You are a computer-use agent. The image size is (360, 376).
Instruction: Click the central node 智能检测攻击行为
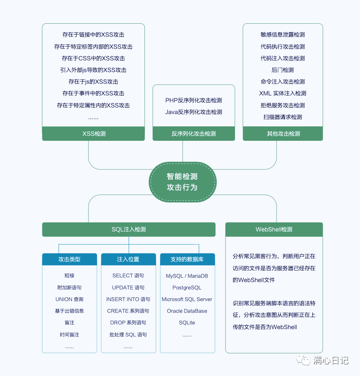point(183,182)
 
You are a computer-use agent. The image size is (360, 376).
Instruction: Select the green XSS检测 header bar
point(93,133)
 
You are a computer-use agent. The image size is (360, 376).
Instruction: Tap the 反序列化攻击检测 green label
point(193,133)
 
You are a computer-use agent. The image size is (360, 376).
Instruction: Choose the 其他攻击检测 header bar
point(283,133)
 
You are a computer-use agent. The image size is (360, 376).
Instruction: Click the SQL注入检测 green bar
point(129,229)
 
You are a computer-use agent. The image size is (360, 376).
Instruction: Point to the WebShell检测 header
point(274,229)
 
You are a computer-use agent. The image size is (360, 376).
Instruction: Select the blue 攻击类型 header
point(70,259)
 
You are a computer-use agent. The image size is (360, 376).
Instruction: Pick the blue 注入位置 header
point(128,259)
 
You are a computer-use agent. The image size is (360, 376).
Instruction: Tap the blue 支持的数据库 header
point(187,259)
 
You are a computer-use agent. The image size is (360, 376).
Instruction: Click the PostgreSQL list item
point(187,287)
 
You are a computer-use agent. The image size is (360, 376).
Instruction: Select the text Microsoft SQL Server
point(187,299)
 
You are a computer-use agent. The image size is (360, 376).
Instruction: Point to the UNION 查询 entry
point(70,299)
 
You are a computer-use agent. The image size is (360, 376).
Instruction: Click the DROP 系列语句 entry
point(128,322)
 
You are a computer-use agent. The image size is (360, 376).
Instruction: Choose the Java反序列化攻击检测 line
point(193,112)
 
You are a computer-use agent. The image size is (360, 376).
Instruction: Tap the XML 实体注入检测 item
point(283,93)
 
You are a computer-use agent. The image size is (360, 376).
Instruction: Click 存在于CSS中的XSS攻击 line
point(93,58)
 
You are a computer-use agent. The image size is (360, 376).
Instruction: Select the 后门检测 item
point(283,70)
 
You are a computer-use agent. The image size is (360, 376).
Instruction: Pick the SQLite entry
point(187,322)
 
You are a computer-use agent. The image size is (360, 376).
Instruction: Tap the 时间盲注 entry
point(70,334)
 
